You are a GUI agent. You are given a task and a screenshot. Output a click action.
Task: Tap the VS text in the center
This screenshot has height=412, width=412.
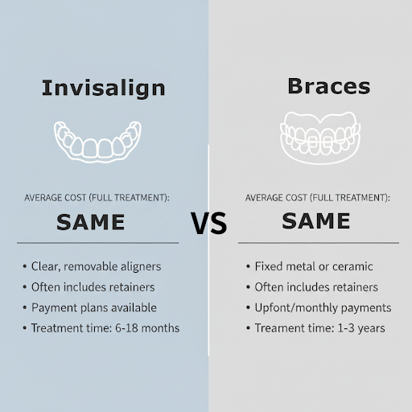[x=208, y=224]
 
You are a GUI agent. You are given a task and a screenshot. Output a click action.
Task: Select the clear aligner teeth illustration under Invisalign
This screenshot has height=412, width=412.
[x=97, y=141]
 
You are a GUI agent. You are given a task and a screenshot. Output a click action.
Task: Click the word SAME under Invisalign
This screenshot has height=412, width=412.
[x=90, y=220]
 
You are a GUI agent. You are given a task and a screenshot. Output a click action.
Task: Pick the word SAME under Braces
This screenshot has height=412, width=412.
[x=316, y=220]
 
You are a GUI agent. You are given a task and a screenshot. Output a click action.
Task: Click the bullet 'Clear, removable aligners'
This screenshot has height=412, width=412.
[x=96, y=266]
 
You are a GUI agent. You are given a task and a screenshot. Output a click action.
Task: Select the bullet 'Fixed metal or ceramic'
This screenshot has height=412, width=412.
[x=313, y=266]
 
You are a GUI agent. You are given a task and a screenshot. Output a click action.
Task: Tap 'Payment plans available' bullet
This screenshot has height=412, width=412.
[x=93, y=307]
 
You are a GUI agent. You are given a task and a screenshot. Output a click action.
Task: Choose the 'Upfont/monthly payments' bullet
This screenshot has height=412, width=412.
[x=323, y=307]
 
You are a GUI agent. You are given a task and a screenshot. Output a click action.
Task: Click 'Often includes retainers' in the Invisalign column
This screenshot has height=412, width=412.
[x=93, y=286]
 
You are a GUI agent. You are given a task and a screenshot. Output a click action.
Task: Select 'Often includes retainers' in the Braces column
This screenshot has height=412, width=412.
[x=316, y=286]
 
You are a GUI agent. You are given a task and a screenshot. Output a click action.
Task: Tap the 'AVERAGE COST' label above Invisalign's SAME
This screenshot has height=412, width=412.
[x=97, y=197]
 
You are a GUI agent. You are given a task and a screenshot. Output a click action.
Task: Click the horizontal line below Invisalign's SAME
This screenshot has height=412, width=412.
[x=97, y=242]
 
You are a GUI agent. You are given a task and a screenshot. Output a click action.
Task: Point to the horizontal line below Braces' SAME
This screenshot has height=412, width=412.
[x=319, y=242]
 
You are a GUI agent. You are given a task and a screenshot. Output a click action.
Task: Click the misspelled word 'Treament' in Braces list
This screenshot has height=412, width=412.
[x=281, y=328]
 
